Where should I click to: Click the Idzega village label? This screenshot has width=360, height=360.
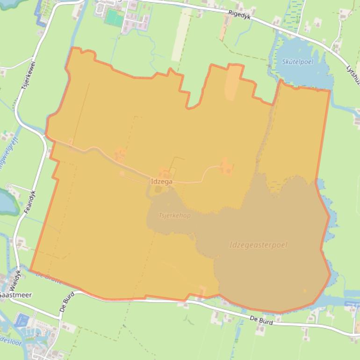(162, 181)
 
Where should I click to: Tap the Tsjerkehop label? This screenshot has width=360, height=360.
(174, 216)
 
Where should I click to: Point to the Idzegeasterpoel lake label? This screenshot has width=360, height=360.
(258, 245)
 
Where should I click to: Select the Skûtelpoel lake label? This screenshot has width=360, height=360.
(297, 62)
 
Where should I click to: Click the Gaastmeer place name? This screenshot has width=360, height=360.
(16, 295)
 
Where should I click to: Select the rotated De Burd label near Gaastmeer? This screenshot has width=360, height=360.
(66, 305)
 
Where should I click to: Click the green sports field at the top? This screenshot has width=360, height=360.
(114, 18)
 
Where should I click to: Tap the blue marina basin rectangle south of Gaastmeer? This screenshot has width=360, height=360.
(22, 320)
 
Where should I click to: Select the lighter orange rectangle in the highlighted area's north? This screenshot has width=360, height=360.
(234, 82)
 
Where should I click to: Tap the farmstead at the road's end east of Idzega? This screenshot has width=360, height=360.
(226, 166)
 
